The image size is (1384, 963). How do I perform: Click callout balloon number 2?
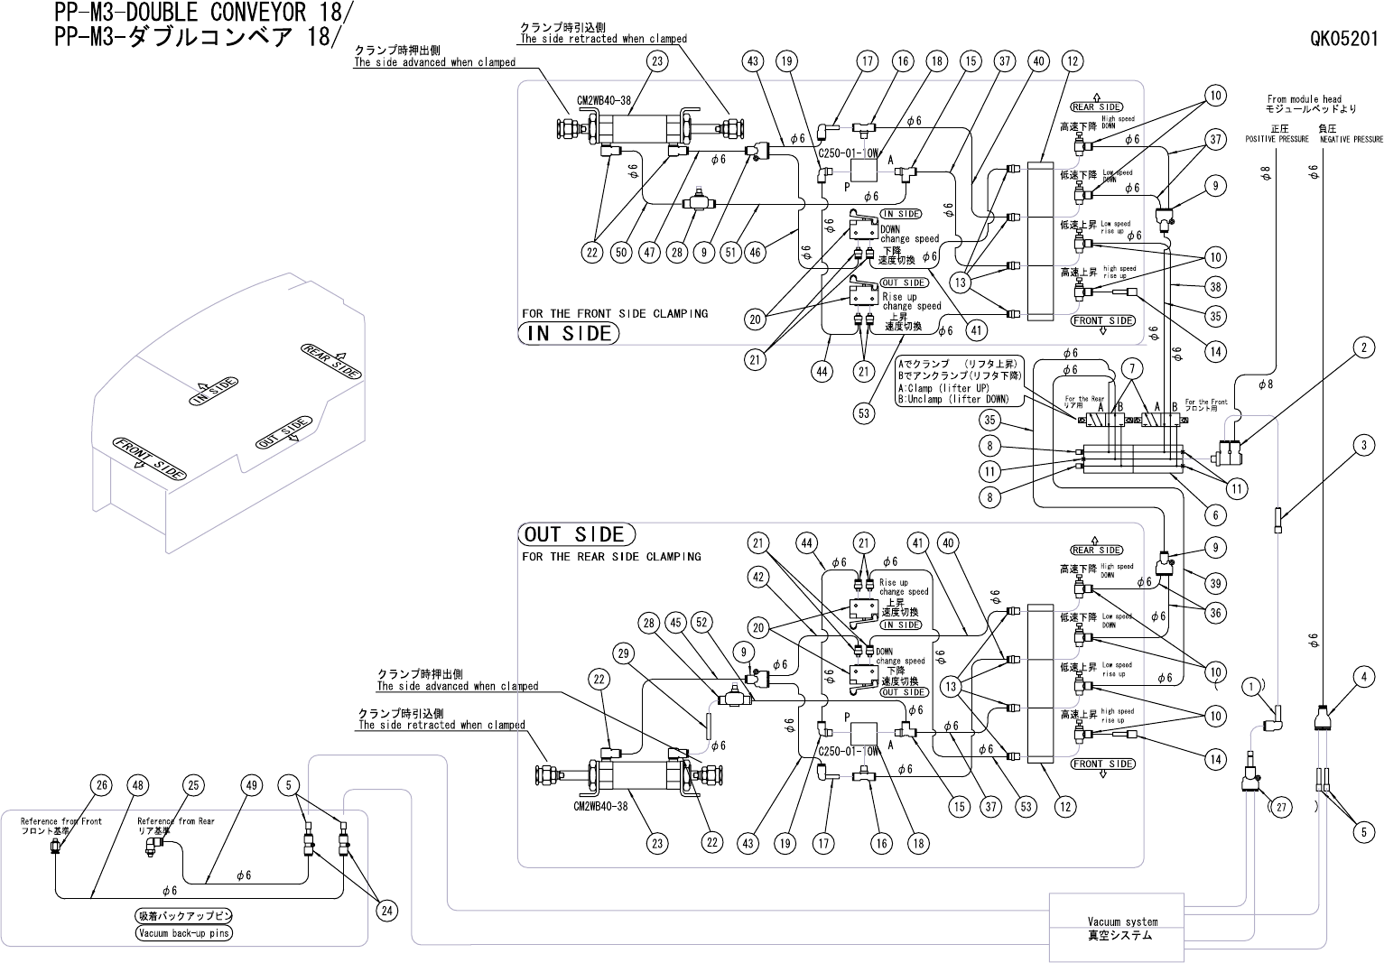coord(1364,347)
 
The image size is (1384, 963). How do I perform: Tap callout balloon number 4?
coord(1364,677)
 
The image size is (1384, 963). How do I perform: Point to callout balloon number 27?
coord(1280,807)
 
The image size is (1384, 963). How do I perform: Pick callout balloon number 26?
coord(102,785)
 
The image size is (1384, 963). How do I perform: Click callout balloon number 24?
coord(386,911)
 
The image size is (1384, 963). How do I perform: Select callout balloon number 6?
coord(1215,514)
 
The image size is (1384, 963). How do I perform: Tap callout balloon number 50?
coord(621,253)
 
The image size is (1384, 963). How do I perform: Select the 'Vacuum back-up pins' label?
coord(184,933)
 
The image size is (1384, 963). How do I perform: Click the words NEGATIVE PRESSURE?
coord(1351,140)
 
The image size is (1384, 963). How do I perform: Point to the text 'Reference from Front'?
coord(61,821)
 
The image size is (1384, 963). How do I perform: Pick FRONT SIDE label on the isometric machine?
coord(150,458)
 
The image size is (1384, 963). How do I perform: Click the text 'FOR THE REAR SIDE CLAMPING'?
coord(611,557)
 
